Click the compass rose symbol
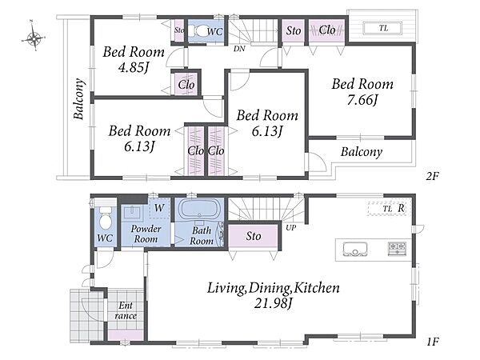34,38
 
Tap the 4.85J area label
134,67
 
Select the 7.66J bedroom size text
362,100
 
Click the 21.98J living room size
274,303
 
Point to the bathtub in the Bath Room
199,209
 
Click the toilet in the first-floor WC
106,218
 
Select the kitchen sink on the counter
354,249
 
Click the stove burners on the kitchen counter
397,248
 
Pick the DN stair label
239,48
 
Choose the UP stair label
291,228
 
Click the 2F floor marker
433,176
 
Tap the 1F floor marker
433,342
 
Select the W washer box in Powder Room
159,208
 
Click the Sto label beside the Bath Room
254,236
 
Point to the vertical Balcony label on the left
79,99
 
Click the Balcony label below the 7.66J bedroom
362,152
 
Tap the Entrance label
126,310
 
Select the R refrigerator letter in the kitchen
401,208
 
